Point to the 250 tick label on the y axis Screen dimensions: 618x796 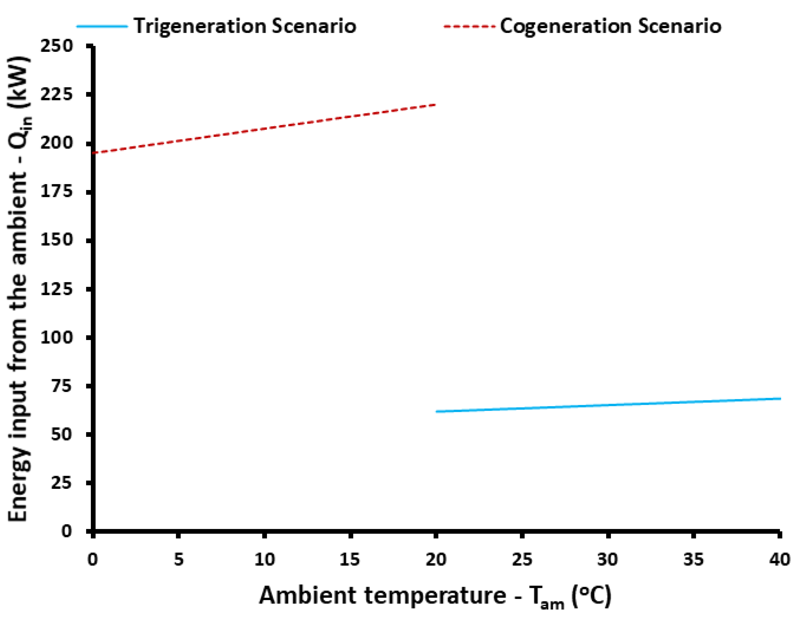click(57, 46)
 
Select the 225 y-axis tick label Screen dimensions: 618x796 click(57, 95)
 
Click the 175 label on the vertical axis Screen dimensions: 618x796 click(57, 192)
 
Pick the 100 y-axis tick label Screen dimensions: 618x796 click(57, 337)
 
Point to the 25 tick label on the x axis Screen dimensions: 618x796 click(522, 559)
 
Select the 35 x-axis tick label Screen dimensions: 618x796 click(693, 559)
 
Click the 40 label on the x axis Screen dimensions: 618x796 click(780, 559)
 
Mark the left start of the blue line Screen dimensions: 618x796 click(437, 411)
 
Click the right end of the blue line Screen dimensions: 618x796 click(780, 399)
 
